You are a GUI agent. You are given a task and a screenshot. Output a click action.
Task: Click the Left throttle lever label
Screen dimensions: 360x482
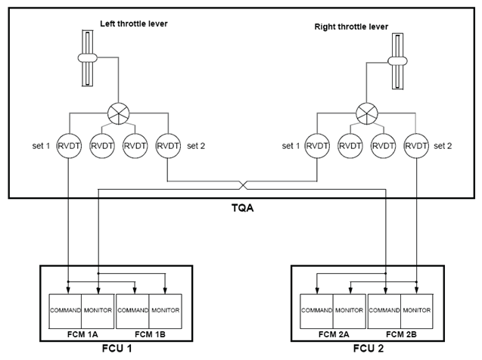click(x=134, y=23)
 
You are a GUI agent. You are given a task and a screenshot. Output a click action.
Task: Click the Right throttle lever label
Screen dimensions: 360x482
click(x=351, y=26)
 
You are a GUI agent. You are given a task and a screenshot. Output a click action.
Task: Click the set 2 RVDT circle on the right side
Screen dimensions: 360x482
click(x=416, y=144)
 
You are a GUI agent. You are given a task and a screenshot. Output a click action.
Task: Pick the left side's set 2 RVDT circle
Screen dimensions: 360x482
click(x=167, y=144)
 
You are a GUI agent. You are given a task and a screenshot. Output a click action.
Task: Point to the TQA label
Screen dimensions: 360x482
click(x=241, y=208)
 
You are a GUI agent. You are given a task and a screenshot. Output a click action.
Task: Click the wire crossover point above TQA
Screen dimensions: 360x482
click(x=241, y=185)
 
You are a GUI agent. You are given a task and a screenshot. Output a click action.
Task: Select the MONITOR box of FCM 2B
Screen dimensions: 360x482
click(x=416, y=310)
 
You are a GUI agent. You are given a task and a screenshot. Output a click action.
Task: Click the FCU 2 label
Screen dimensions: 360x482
click(x=367, y=348)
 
